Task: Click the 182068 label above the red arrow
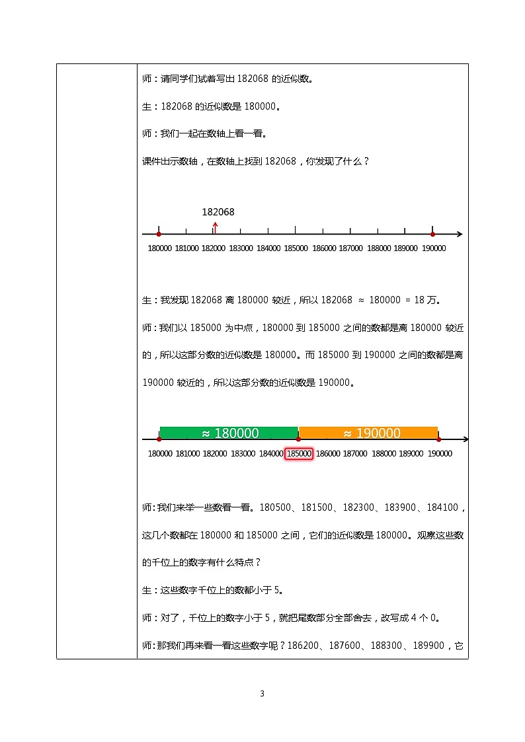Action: (x=218, y=212)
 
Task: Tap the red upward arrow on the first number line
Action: (x=214, y=227)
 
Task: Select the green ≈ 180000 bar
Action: (x=229, y=433)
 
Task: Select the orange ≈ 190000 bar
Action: (x=368, y=433)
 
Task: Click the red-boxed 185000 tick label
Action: (x=298, y=453)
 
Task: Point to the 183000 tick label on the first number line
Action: (x=241, y=248)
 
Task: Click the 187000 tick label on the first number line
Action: (x=350, y=248)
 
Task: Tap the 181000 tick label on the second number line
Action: (x=188, y=453)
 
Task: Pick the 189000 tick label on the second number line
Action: (x=411, y=453)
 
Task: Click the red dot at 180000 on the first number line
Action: (x=159, y=234)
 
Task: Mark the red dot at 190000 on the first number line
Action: (x=432, y=234)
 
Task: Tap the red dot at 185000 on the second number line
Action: (x=299, y=439)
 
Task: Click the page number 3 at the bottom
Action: (x=262, y=694)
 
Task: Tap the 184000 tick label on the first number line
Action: (x=268, y=248)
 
